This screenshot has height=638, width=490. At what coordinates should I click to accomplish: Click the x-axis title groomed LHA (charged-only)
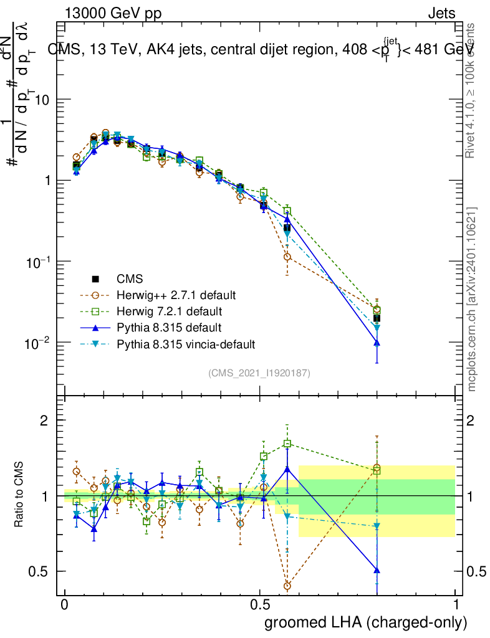coord(366,622)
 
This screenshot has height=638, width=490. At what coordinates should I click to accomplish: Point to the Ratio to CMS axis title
coord(20,496)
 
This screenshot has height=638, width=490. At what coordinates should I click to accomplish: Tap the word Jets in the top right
coord(441,14)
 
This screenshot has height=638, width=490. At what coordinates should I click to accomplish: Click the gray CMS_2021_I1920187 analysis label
coord(259,373)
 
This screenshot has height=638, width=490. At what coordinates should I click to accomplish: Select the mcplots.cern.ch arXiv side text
coord(472,299)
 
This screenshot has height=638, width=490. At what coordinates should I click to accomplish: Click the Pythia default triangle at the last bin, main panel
coord(377,343)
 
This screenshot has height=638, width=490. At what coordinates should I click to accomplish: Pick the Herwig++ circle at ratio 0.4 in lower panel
coord(287,586)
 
